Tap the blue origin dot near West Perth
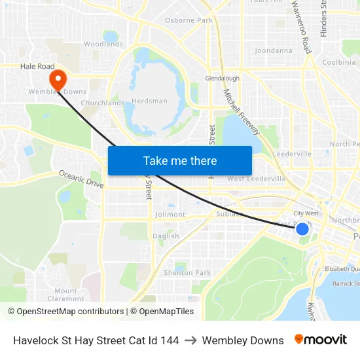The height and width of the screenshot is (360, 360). coord(302,228)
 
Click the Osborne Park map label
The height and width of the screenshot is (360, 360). coord(189,20)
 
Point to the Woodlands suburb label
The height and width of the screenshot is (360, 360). coord(103,45)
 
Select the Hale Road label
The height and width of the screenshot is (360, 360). coord(37,66)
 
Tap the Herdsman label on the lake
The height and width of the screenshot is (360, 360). coord(149,101)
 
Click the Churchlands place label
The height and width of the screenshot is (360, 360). coord(102,103)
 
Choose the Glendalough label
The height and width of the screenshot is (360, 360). coord(222,78)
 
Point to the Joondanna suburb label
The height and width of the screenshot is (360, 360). coord(273,50)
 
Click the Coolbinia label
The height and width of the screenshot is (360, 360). coord(338,62)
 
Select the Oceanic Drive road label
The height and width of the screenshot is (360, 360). coord(81,179)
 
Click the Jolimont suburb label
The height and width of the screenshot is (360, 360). coord(170,215)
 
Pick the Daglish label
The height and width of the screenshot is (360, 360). coord(166,236)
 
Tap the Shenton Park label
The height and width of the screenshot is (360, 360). coord(187,273)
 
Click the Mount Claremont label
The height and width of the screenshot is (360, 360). coord(65,295)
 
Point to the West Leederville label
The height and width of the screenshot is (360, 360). coord(256,179)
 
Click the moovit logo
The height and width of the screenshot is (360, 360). coord(320,340)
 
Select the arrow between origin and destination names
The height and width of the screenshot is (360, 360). coord(190,340)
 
